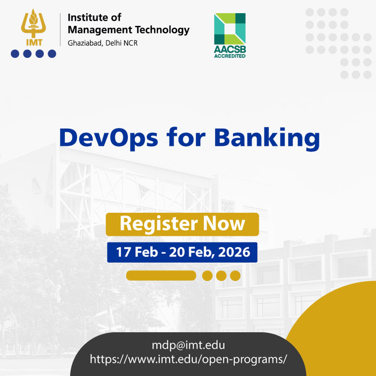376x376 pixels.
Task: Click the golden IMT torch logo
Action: (x=33, y=27)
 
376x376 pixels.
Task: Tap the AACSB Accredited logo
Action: (x=230, y=36)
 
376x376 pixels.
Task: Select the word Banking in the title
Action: (x=267, y=139)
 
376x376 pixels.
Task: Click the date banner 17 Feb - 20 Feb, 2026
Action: (x=182, y=252)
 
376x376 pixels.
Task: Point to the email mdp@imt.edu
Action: (x=188, y=345)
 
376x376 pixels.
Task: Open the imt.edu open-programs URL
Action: (x=188, y=360)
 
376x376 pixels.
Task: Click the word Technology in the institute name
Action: (x=162, y=30)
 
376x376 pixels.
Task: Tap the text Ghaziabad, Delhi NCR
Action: (x=102, y=43)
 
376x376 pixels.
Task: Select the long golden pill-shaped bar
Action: (x=161, y=275)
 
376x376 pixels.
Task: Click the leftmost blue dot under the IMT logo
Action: (x=15, y=54)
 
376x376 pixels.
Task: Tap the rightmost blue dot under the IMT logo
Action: (x=52, y=54)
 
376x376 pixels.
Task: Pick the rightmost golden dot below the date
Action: (x=235, y=276)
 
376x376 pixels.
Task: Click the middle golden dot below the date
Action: (x=221, y=276)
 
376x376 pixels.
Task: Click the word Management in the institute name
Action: (x=100, y=30)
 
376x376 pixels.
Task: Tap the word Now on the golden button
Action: (x=224, y=224)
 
